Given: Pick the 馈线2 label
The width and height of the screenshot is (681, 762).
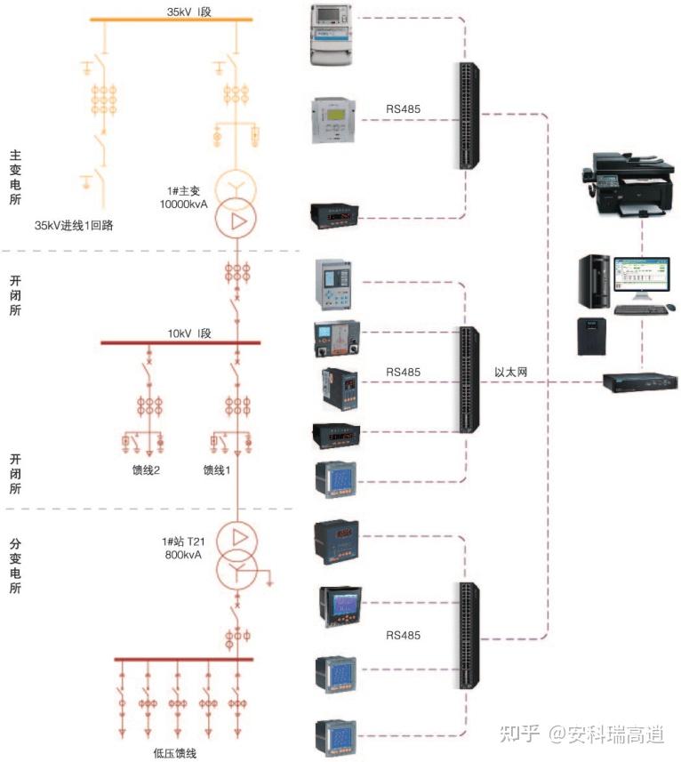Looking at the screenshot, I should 145,470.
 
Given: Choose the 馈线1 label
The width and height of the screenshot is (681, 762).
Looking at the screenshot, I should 216,470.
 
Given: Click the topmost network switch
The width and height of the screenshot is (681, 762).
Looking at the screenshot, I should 468,116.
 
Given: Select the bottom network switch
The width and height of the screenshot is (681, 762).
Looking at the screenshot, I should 468,635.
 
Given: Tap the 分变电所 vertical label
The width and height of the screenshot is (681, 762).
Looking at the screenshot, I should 15,565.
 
